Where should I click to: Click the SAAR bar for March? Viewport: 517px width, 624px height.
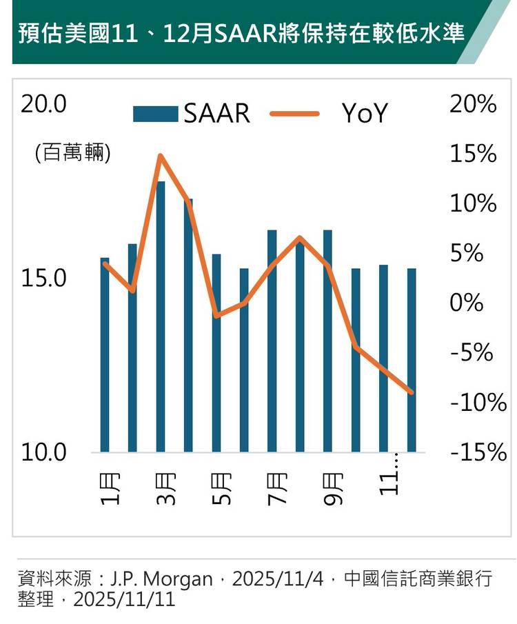tap(161, 317)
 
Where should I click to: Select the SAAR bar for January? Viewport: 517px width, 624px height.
tap(105, 355)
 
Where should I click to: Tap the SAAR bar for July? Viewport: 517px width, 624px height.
tap(272, 341)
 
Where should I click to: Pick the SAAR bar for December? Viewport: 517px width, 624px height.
tap(412, 360)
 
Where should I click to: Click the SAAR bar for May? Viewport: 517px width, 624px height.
tap(216, 353)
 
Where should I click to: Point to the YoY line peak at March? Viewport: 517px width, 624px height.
tap(160, 156)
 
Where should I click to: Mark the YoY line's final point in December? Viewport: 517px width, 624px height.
tap(412, 393)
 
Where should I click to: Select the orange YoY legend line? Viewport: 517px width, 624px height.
tap(294, 113)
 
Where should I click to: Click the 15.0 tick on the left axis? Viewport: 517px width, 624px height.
tap(43, 279)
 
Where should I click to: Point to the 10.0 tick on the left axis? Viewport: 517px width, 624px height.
tap(43, 453)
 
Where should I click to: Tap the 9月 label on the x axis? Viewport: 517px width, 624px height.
tap(331, 488)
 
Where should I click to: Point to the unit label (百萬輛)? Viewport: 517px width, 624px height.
tap(72, 153)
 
